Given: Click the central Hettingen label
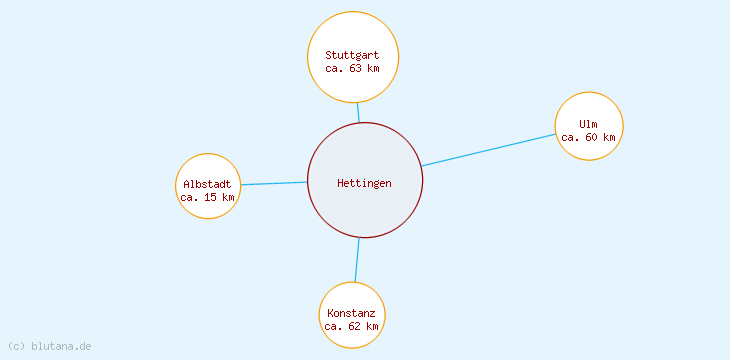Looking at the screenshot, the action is [364, 183].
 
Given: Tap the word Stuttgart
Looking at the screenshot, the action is [352, 54].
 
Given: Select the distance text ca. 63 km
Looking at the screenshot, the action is [352, 68].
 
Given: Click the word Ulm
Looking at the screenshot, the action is [588, 124].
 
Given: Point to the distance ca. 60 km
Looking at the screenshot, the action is [588, 137].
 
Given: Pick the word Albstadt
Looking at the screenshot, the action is [207, 184].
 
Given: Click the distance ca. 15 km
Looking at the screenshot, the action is [207, 197].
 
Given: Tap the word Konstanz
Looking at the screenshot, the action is [351, 313].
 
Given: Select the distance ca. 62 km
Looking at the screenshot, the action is [351, 326].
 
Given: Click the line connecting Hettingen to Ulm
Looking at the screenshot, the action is [488, 149].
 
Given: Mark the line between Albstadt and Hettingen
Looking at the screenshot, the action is [274, 183].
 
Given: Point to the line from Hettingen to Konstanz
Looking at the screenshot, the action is [357, 260].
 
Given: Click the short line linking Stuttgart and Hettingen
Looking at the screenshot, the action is [358, 112].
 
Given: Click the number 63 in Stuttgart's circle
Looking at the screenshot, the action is [354, 68].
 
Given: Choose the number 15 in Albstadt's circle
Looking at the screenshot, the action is [210, 197].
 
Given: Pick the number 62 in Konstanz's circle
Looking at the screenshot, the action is [353, 326].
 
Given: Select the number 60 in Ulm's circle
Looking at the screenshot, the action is [591, 137].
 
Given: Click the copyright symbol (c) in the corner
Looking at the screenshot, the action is [16, 346].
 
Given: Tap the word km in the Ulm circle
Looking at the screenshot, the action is [608, 137].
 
